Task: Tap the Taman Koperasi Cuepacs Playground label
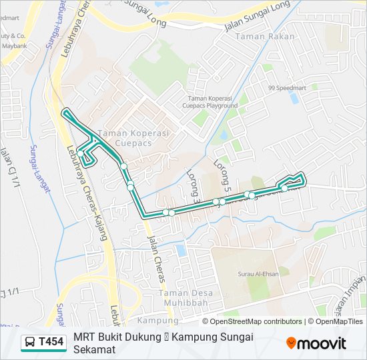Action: pos(213,101)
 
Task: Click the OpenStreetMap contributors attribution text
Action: pos(256,321)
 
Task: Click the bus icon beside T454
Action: pos(30,343)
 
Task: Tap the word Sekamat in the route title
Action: pos(95,349)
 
